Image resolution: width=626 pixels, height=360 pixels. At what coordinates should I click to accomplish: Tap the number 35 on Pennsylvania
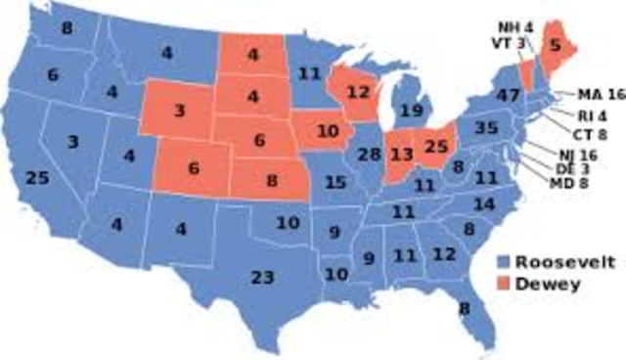click(486, 128)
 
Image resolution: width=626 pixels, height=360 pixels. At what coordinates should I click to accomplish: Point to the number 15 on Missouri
click(335, 182)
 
